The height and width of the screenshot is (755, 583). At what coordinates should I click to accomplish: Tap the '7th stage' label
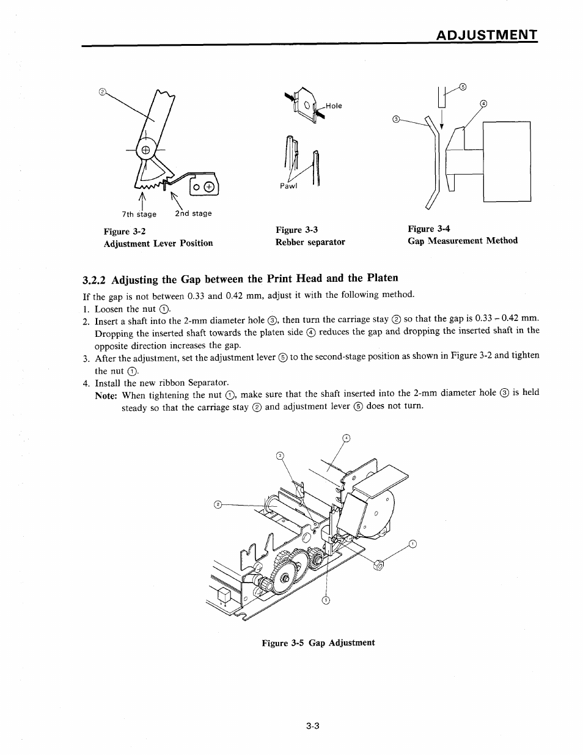[x=139, y=214]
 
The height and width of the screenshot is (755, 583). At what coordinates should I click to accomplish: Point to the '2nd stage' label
[x=193, y=213]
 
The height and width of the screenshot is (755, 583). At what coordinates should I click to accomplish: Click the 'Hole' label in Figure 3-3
[x=334, y=106]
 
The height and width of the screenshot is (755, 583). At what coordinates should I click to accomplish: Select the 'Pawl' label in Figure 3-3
[x=288, y=186]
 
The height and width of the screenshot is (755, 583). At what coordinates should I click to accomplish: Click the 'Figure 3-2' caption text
[x=125, y=231]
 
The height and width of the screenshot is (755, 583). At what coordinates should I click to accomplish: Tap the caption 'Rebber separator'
[x=310, y=242]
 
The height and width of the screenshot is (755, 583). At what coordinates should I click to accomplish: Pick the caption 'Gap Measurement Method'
[x=463, y=240]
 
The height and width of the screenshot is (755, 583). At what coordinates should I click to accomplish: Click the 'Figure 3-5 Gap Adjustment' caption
[x=318, y=643]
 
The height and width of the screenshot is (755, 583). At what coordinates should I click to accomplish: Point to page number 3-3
[x=314, y=726]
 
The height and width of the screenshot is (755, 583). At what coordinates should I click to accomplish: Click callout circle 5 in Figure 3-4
[x=463, y=86]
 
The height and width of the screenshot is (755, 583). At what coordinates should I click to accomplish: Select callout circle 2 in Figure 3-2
[x=103, y=92]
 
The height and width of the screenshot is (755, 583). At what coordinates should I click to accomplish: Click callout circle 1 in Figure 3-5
[x=413, y=543]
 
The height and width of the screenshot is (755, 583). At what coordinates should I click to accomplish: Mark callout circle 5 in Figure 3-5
[x=326, y=600]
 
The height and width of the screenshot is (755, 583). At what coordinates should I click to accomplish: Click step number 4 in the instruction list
[x=86, y=383]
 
